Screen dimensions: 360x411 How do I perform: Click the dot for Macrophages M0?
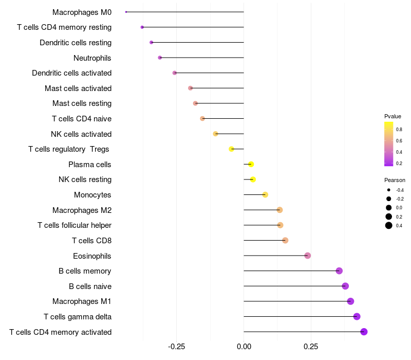pos(126,12)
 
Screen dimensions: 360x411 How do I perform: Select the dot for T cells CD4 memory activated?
pos(364,332)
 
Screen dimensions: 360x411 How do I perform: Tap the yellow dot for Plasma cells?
pos(251,165)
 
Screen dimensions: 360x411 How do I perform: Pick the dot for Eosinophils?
pos(307,256)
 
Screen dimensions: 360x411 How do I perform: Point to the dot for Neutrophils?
pos(160,58)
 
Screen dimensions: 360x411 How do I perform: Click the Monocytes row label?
pos(92,195)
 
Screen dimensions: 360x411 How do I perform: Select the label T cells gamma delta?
pos(78,317)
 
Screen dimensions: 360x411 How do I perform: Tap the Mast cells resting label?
pos(82,103)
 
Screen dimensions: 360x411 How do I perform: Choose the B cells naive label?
pos(90,286)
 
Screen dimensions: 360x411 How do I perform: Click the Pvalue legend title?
pos(393,116)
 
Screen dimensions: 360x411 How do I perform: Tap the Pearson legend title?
pos(395,180)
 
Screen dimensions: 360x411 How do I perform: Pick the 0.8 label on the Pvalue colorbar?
pos(399,130)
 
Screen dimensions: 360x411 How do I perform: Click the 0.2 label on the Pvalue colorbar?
pos(399,164)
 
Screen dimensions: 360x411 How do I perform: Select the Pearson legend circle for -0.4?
pos(389,190)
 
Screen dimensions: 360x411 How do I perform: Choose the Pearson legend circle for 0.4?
pos(389,225)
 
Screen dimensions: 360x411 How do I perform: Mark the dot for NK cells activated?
pos(216,134)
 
